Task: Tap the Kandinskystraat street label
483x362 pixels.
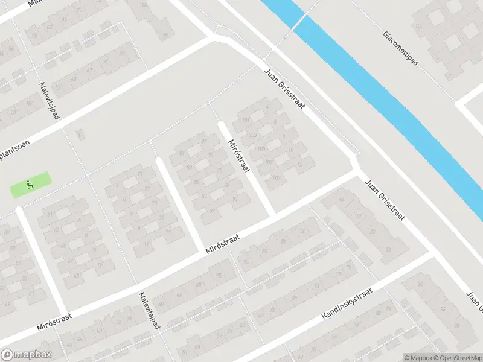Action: pos(347,303)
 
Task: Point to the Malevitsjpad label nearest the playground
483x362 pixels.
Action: pos(50,100)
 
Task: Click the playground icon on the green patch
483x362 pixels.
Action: pos(28,184)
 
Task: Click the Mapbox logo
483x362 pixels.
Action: pos(26,354)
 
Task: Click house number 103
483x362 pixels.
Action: pos(252,135)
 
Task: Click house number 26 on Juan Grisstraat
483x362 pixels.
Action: pos(388,249)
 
